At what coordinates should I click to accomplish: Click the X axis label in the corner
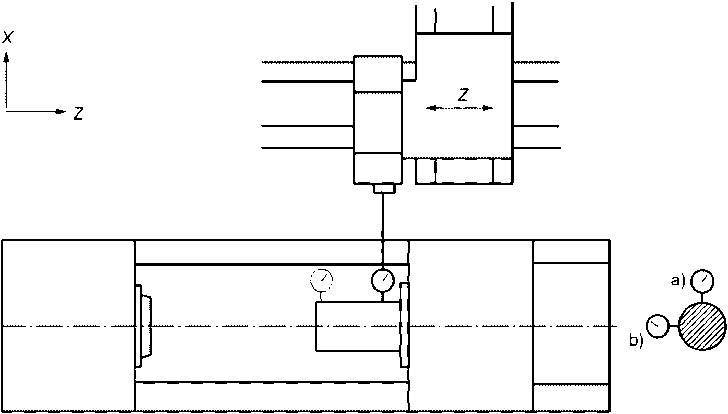point(8,37)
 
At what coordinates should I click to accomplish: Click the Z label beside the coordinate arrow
point(79,113)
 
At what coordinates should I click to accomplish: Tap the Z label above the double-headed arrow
point(462,95)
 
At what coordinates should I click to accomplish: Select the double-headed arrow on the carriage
point(459,108)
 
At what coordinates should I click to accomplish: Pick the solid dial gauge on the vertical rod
point(383,281)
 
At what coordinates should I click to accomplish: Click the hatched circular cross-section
point(702,326)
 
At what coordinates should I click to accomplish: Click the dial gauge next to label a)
point(702,281)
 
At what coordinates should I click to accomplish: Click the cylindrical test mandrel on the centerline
point(357,326)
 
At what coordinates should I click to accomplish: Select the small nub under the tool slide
point(383,188)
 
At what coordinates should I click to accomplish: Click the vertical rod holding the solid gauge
point(383,230)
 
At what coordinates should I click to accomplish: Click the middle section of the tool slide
point(378,122)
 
